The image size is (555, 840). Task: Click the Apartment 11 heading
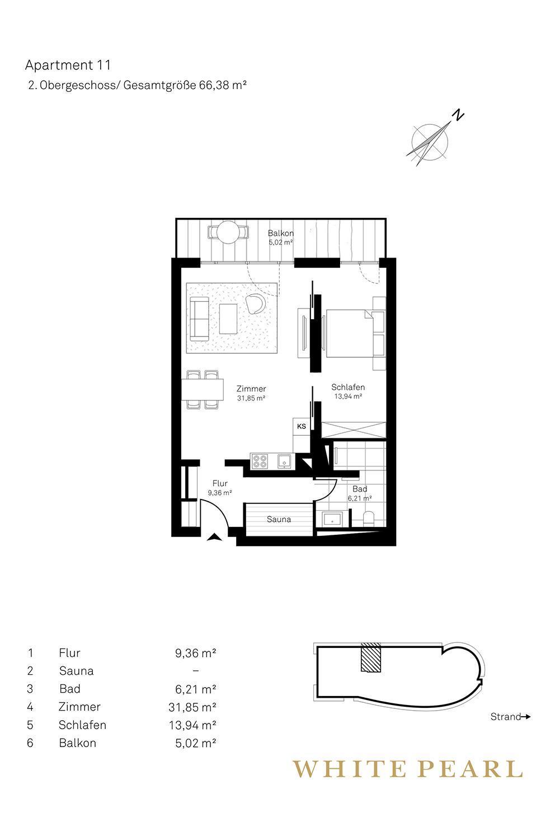[68, 66]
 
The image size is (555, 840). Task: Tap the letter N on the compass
[458, 115]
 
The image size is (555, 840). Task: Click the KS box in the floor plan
[302, 426]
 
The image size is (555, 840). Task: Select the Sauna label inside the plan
[279, 519]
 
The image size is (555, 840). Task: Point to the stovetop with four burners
[260, 461]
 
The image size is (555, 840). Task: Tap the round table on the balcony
[229, 232]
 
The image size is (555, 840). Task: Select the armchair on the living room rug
[256, 303]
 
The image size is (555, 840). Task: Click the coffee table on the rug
[228, 319]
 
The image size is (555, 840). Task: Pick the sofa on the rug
[199, 319]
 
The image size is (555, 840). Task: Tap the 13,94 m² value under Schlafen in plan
[348, 396]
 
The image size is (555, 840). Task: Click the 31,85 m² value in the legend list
[192, 707]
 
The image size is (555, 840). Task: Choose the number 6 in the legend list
[30, 743]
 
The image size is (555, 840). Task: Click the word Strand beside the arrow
[506, 717]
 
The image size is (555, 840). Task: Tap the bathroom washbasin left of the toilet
[332, 519]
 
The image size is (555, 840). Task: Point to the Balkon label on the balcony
[281, 234]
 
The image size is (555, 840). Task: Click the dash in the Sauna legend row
[196, 671]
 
